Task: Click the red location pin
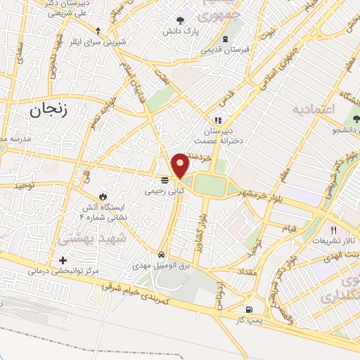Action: coord(181,164)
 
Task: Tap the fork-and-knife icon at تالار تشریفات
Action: coord(334,229)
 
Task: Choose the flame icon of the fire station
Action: coord(105,195)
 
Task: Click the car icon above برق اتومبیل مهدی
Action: coord(162,255)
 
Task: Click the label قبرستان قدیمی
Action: coord(227,50)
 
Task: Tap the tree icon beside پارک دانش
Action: coord(181,20)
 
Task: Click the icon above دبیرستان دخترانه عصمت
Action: coord(219,120)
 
